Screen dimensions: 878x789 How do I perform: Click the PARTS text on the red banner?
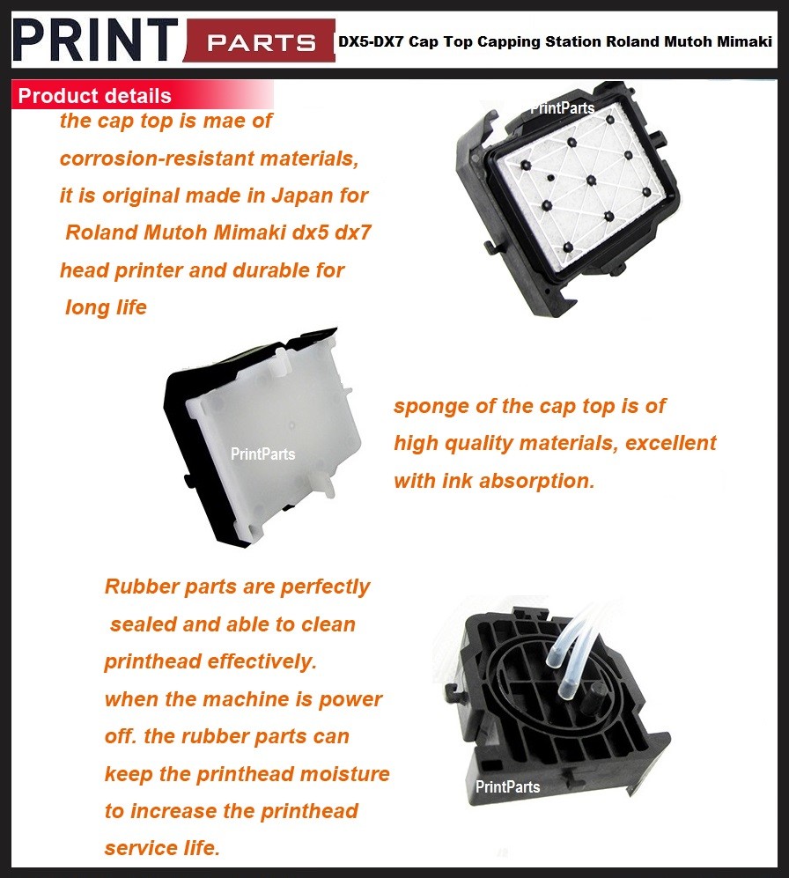(261, 42)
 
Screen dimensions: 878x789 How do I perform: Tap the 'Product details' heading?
(94, 95)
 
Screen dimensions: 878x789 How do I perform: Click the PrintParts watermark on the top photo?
(562, 108)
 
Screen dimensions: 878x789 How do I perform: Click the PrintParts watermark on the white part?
(262, 454)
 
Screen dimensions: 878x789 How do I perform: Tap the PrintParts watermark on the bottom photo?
(508, 786)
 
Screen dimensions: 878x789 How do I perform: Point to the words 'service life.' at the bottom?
(162, 848)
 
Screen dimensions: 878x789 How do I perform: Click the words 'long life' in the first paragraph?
(107, 307)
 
